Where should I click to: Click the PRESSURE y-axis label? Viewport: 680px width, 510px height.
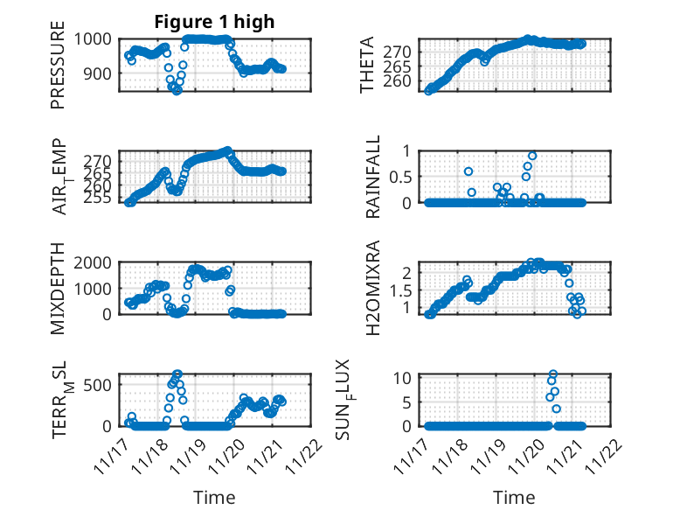click(58, 70)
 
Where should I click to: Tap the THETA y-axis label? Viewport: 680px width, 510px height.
click(367, 66)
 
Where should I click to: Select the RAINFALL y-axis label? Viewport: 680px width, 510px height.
click(372, 177)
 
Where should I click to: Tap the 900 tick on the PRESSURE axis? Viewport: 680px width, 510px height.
click(97, 73)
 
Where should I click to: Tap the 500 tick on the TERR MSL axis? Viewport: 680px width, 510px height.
click(97, 384)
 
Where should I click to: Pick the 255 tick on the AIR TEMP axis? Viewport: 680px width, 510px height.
click(97, 197)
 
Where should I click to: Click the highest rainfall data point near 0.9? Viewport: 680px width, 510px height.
click(531, 156)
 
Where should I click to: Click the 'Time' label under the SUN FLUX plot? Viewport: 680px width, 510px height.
click(514, 497)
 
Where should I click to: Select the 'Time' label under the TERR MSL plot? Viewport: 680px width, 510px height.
click(214, 497)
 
